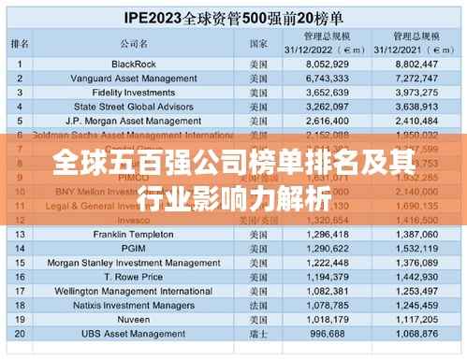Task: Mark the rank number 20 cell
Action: tap(20, 334)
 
